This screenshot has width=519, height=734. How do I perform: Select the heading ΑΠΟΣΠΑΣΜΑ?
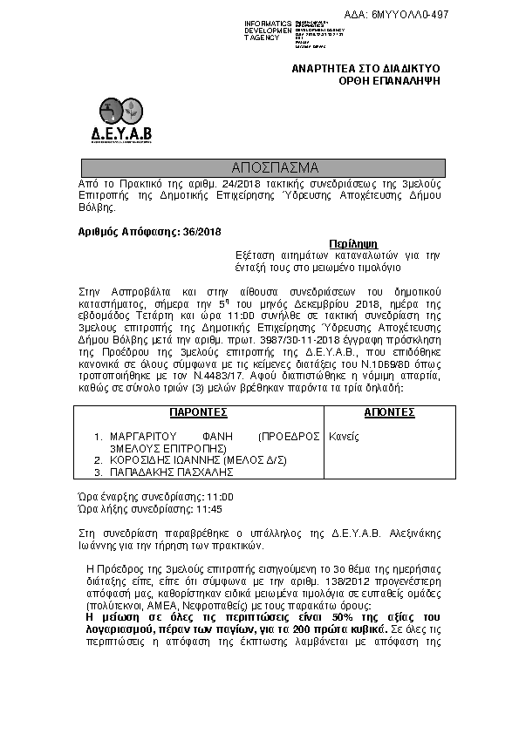click(263, 167)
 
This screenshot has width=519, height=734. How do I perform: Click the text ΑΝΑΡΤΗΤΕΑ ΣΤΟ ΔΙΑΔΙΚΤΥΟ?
click(365, 67)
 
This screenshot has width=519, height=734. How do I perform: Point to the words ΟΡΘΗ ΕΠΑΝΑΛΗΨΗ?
click(389, 80)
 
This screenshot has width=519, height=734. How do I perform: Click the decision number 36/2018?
click(200, 231)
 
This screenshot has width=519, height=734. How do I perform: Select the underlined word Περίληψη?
click(352, 245)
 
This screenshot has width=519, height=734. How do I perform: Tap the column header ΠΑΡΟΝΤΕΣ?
click(199, 411)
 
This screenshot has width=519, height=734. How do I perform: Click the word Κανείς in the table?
click(344, 436)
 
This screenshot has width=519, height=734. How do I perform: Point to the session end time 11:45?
click(209, 508)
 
